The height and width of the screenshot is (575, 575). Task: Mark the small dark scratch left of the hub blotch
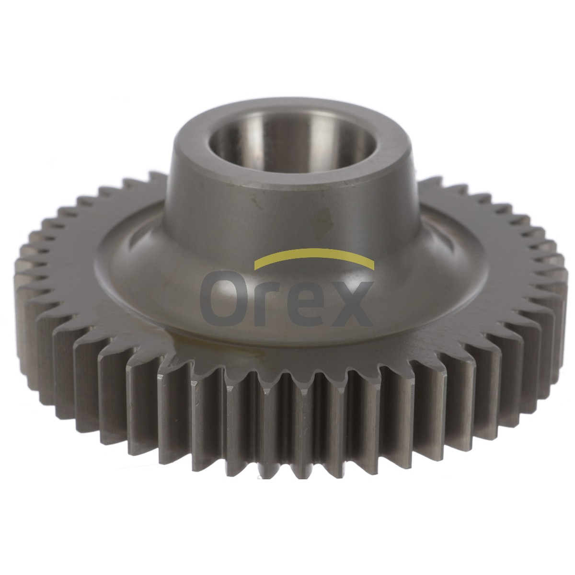click(x=254, y=202)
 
